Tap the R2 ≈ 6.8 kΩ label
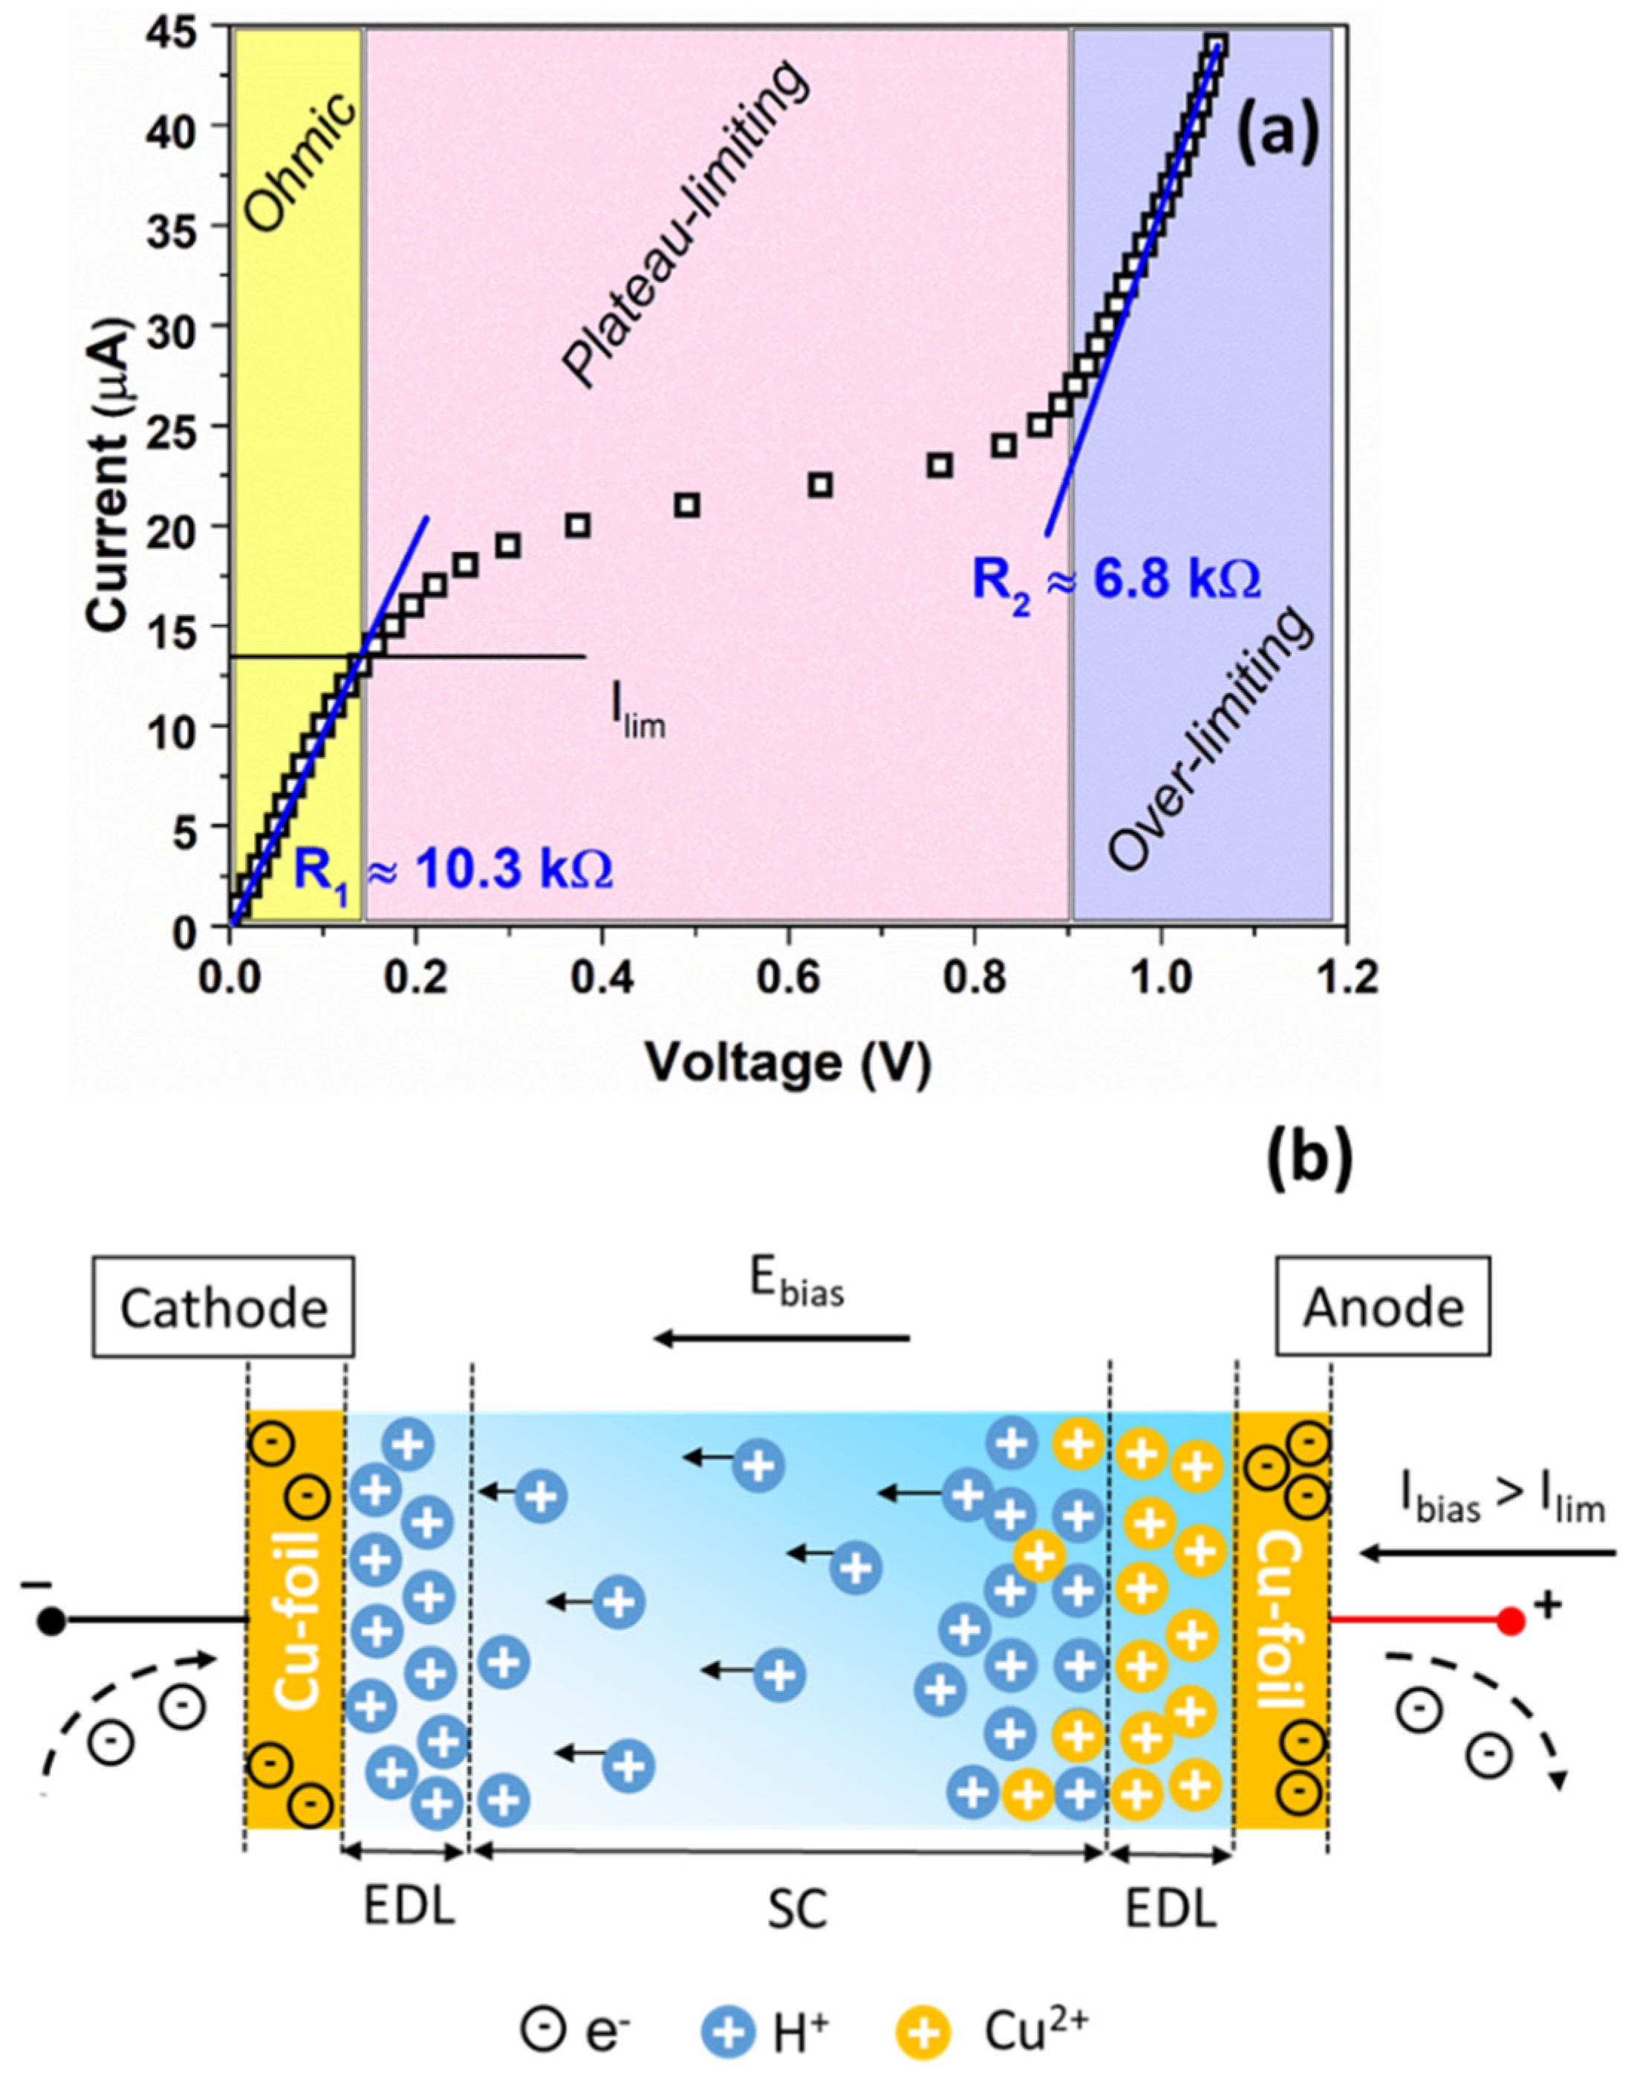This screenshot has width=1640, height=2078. coord(1116,580)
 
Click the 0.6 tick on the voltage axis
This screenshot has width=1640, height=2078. coord(788,981)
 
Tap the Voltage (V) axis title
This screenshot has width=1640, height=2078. coord(787,1064)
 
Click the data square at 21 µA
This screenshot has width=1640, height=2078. coord(686,505)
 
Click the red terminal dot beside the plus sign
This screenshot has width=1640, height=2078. coord(1512,1622)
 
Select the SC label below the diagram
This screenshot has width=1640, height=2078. coord(797,1910)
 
